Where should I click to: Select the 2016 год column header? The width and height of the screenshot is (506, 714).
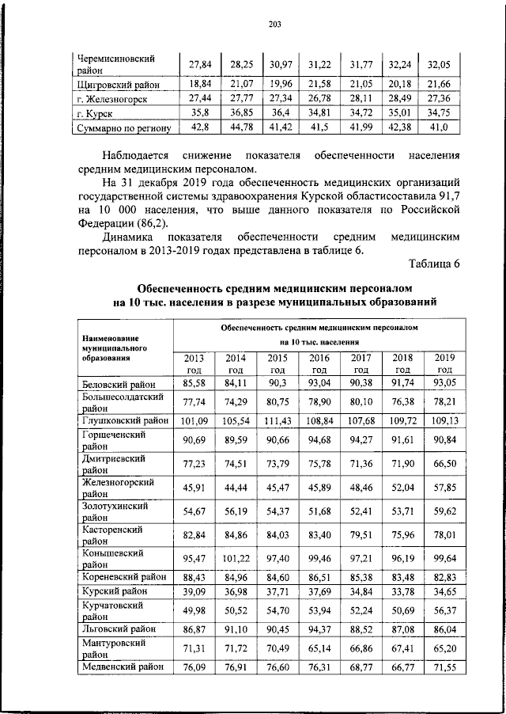coord(319,363)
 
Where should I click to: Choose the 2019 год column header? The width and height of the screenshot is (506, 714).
coord(444,363)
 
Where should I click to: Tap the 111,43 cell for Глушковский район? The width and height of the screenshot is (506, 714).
coord(278,420)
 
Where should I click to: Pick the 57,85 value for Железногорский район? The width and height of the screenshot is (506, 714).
coord(444,488)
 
